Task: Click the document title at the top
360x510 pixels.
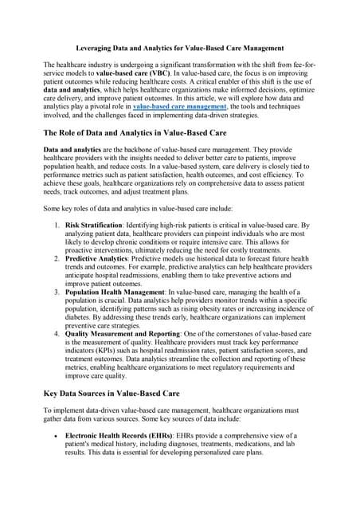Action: point(180,47)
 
